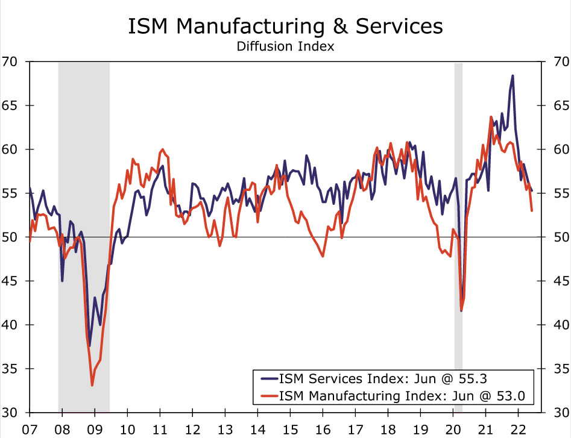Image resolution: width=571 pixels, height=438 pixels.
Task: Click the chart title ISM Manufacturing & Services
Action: pos(285,27)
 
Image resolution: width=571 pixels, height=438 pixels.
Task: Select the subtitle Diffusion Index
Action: pos(285,46)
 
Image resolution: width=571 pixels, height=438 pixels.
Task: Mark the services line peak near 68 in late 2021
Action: pos(513,76)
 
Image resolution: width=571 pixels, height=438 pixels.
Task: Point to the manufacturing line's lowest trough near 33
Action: pos(92,385)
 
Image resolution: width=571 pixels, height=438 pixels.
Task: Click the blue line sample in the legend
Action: pos(268,379)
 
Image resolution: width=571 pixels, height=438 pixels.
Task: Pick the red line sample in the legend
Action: pos(268,396)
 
